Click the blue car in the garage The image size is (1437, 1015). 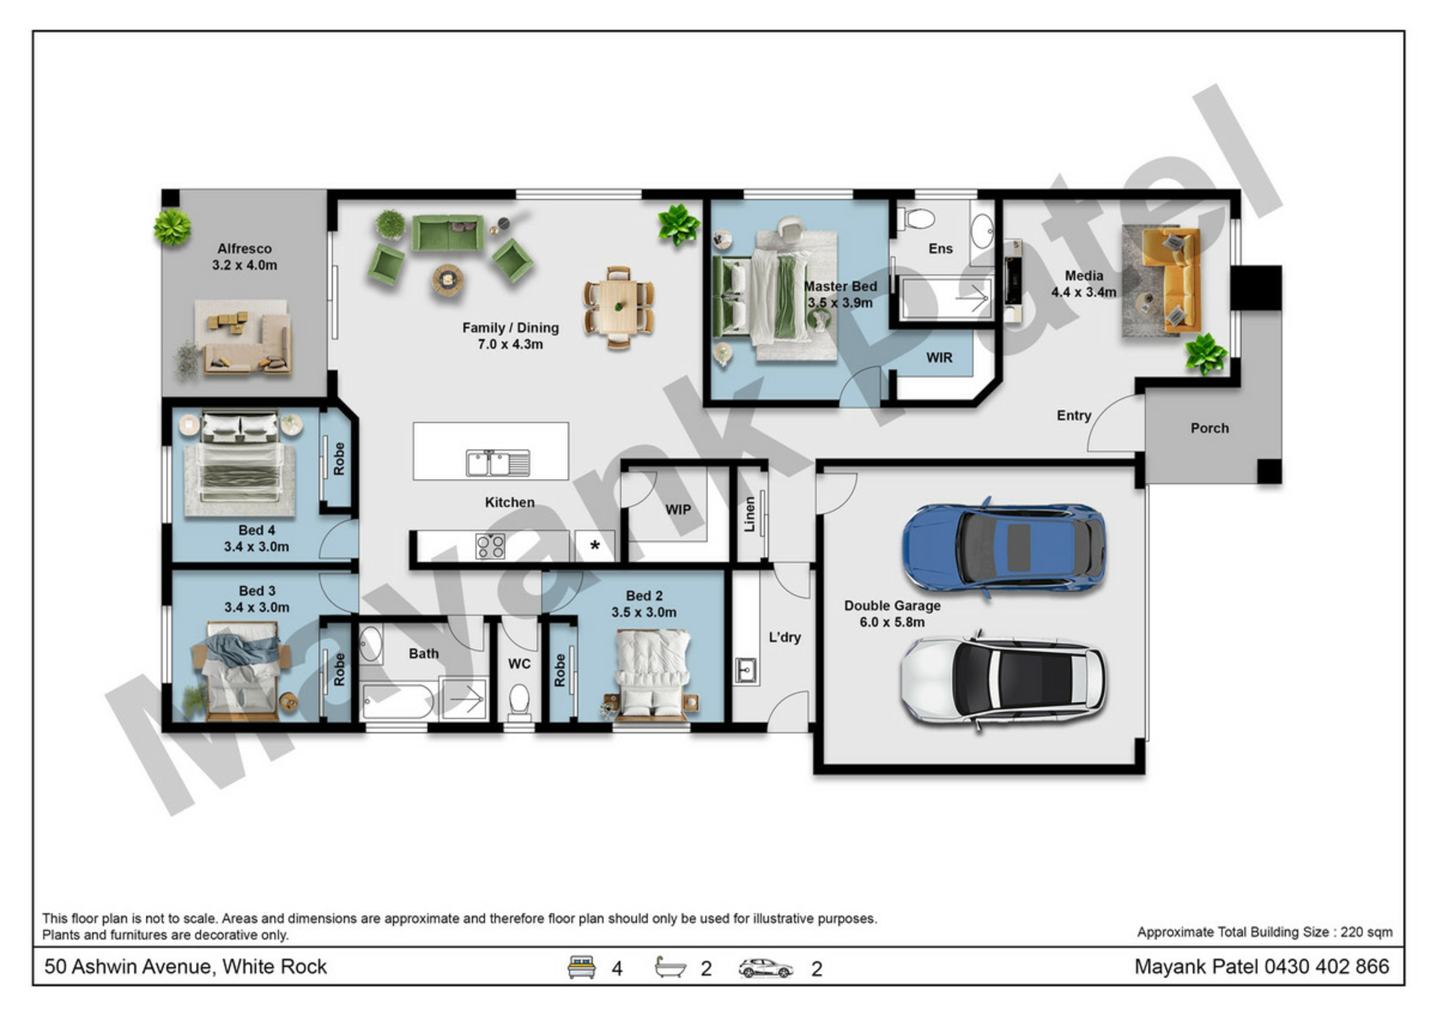(1004, 546)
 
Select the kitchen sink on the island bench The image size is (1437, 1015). (498, 463)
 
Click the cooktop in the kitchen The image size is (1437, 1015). (490, 546)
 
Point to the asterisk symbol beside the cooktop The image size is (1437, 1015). (595, 546)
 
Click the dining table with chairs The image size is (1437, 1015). (619, 307)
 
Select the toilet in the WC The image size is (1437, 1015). (519, 701)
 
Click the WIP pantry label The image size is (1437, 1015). (678, 510)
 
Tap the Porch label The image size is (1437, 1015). (1209, 428)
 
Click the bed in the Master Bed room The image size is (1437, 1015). (775, 298)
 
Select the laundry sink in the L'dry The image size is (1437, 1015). (745, 670)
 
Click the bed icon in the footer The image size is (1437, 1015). (582, 967)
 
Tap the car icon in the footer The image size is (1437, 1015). (765, 968)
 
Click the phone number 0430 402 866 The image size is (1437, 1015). (1326, 966)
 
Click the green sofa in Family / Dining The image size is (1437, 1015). (448, 233)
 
